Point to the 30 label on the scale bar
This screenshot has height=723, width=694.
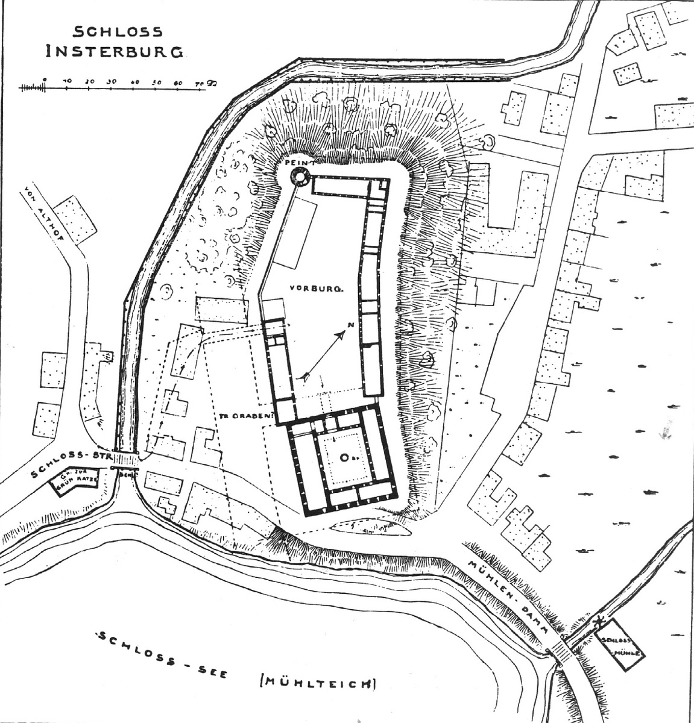[111, 81]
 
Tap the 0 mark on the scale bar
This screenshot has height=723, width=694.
[46, 80]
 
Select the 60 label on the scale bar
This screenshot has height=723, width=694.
[177, 81]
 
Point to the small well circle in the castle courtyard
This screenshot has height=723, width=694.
[342, 458]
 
